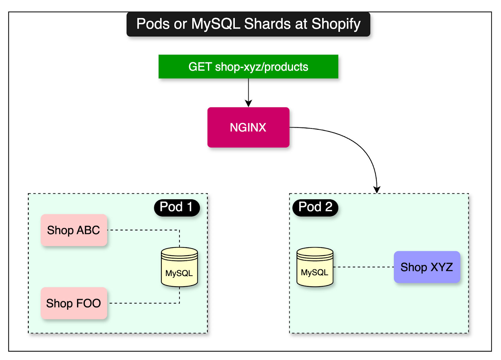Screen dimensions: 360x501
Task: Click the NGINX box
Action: click(248, 127)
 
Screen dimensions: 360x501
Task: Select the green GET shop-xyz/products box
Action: click(248, 66)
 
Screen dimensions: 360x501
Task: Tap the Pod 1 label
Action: click(177, 207)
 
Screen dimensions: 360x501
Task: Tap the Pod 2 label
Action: click(315, 207)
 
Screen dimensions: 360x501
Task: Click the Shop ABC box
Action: click(74, 230)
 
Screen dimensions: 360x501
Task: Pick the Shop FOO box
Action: click(74, 303)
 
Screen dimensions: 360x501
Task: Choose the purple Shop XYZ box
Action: click(427, 267)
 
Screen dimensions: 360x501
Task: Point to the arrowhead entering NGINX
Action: click(248, 104)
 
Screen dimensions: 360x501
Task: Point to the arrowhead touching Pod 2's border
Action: click(377, 190)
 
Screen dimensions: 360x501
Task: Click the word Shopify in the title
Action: click(336, 24)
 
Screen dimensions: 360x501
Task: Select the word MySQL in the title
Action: click(216, 24)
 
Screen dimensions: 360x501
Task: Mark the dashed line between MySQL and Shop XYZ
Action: click(363, 267)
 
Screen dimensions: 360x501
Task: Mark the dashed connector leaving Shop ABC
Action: click(144, 230)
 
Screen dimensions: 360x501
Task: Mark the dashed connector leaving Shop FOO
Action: click(144, 303)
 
